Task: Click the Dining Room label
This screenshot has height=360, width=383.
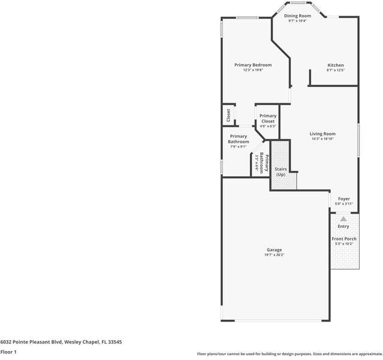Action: pyautogui.click(x=297, y=16)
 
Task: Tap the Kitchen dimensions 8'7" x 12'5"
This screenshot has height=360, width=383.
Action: pyautogui.click(x=335, y=70)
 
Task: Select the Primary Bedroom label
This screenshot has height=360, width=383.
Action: pyautogui.click(x=252, y=65)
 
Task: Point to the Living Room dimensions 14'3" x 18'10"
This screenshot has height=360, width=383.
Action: pyautogui.click(x=322, y=139)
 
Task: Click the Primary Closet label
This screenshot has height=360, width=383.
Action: pyautogui.click(x=268, y=118)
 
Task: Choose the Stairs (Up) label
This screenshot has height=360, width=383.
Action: pyautogui.click(x=280, y=172)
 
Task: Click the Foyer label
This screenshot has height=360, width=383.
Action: pyautogui.click(x=343, y=199)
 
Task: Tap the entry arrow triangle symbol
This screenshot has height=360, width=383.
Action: pyautogui.click(x=343, y=220)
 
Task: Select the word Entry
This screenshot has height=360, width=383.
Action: pyautogui.click(x=343, y=227)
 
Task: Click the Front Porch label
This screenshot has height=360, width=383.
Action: pyautogui.click(x=344, y=239)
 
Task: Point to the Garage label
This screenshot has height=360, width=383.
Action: pyautogui.click(x=274, y=250)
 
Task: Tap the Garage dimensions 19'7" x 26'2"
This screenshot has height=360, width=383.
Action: pyautogui.click(x=274, y=255)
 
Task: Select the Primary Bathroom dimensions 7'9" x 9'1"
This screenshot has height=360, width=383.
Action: pyautogui.click(x=238, y=146)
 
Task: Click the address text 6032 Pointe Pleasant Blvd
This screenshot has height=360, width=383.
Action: pyautogui.click(x=61, y=341)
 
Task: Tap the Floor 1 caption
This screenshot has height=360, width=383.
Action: pyautogui.click(x=8, y=352)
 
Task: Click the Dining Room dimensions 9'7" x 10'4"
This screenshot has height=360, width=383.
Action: pyautogui.click(x=297, y=21)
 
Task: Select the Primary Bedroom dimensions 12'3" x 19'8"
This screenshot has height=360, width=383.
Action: pyautogui.click(x=252, y=70)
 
